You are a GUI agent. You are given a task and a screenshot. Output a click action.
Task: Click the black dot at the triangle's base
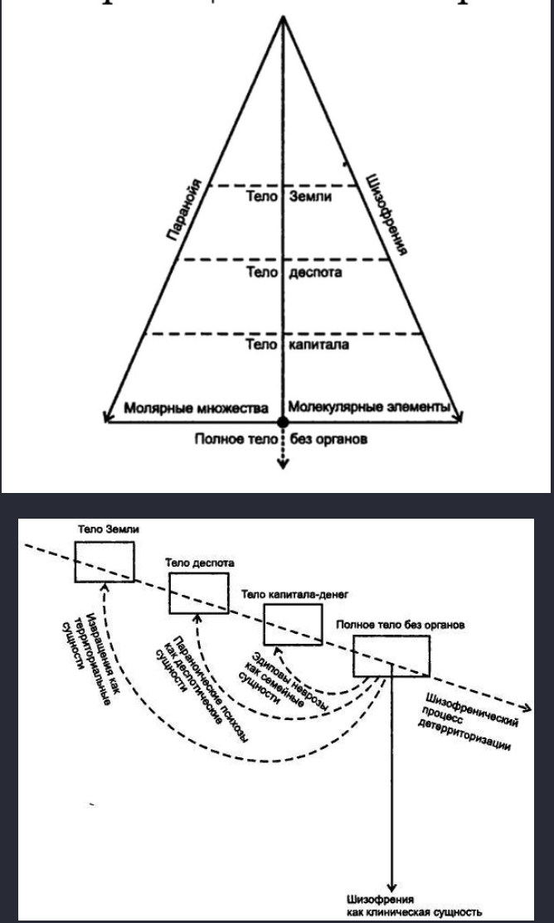pos(284,423)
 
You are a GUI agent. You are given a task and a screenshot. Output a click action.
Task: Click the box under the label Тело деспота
pos(197,592)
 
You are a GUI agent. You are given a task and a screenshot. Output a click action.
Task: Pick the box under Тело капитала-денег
pos(292,624)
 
